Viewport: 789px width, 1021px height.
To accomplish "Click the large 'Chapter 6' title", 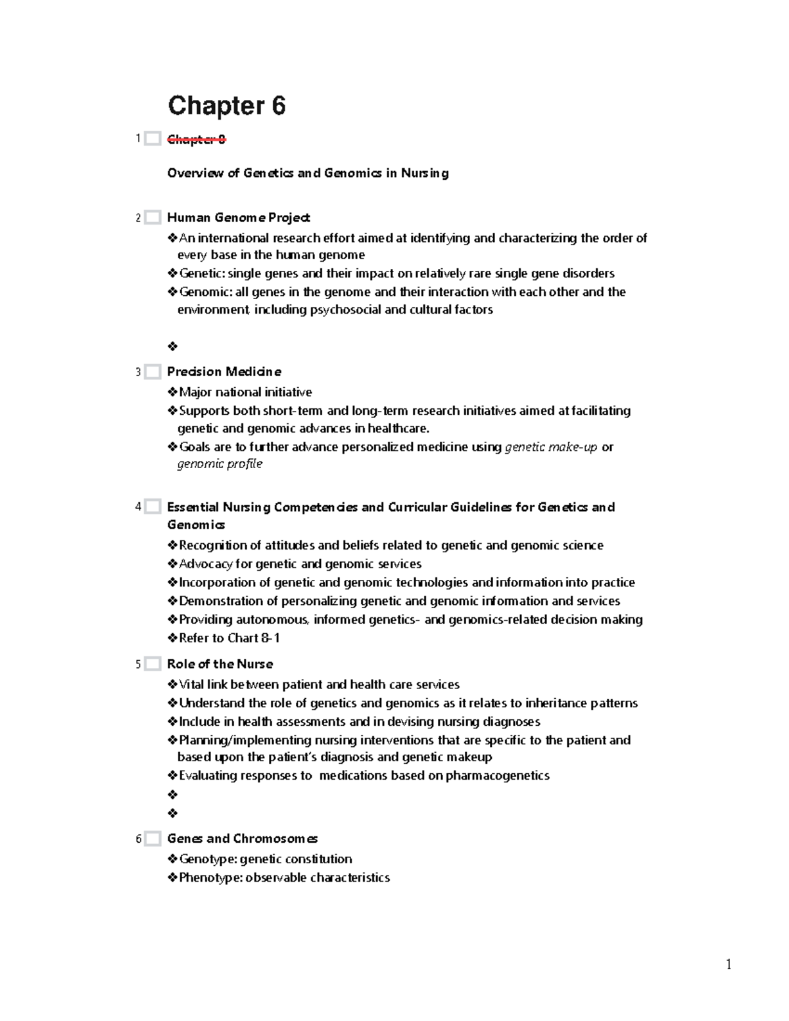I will [227, 106].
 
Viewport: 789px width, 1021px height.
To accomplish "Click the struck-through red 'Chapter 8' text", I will [196, 139].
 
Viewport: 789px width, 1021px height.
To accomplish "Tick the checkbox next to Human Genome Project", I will [153, 218].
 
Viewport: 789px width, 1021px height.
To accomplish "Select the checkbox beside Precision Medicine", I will [153, 372].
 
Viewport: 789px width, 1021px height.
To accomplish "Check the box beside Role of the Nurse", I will [153, 664].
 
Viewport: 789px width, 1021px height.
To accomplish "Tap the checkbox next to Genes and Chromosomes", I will [153, 839].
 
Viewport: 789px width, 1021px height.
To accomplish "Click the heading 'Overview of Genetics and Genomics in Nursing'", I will [308, 174].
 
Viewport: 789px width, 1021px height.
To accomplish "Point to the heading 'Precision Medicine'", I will [224, 372].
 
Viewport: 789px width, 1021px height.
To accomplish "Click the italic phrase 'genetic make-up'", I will [551, 447].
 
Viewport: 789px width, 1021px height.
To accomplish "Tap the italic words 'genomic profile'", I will [220, 464].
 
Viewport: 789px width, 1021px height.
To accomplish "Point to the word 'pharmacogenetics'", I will [498, 776].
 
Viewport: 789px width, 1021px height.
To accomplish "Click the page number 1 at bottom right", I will [729, 964].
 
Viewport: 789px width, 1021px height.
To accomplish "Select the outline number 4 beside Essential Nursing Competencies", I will [138, 507].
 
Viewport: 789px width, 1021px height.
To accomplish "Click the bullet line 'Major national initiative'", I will [245, 392].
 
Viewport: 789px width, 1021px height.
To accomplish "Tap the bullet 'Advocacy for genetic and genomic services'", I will [300, 564].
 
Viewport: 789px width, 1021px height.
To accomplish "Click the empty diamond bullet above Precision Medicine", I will [173, 346].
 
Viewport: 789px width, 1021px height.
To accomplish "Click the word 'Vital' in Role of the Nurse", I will [191, 685].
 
